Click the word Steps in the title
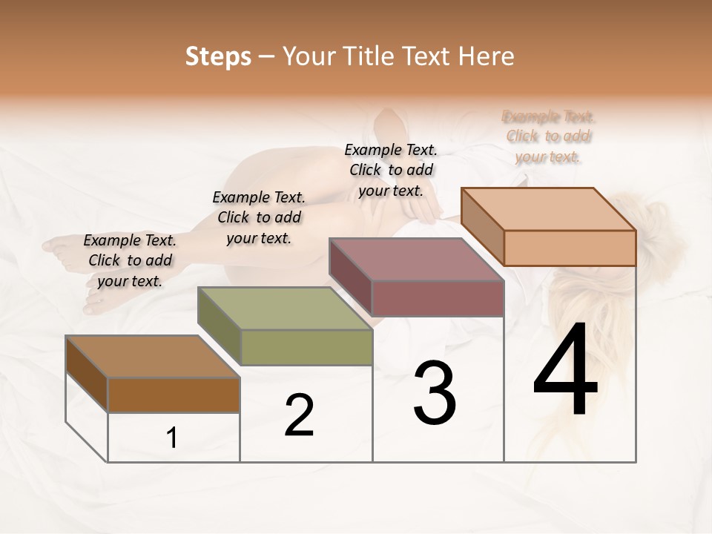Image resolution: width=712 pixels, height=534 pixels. (x=218, y=56)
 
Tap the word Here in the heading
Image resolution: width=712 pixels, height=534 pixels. (x=487, y=56)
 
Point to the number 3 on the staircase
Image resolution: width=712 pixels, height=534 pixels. (x=435, y=393)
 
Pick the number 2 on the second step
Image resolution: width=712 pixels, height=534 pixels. (x=299, y=415)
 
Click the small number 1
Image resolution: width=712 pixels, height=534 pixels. (x=171, y=438)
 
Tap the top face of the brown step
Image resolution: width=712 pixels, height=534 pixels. (x=153, y=357)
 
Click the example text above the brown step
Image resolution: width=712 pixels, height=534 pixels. (x=130, y=260)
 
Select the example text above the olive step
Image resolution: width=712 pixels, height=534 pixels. (x=259, y=217)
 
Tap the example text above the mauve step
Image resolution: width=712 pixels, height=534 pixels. (x=391, y=170)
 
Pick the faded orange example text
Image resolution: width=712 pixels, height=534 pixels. (x=549, y=136)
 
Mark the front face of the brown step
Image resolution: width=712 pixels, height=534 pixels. (x=174, y=395)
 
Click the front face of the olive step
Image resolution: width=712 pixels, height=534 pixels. (x=306, y=347)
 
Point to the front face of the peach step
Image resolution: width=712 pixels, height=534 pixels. (x=570, y=248)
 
